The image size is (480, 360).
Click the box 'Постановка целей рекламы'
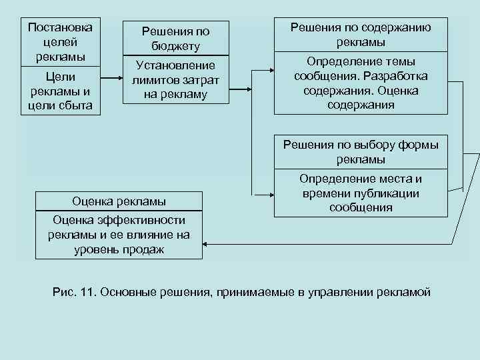coord(59,41)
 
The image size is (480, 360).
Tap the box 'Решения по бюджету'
coord(176,39)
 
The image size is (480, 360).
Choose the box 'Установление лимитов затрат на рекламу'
coord(176,79)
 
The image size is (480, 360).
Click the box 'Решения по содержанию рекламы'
coord(361,34)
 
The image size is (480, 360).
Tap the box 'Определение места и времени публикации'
coord(361,193)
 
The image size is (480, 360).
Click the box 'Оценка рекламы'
coord(119,201)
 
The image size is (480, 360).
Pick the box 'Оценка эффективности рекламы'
coord(119,235)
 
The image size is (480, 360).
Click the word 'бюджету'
coord(176,46)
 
